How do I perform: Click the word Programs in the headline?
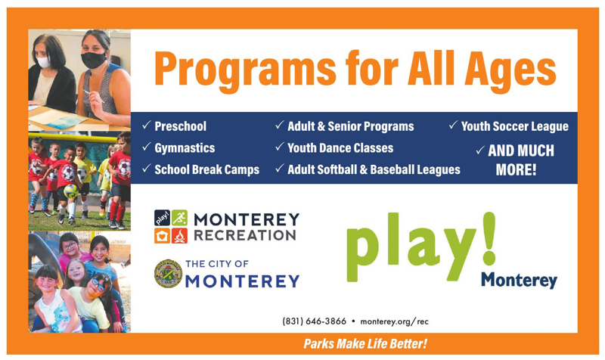click(245, 69)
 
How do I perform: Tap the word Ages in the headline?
click(510, 70)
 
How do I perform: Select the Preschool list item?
click(180, 126)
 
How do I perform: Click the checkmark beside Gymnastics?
click(146, 147)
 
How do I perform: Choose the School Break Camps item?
click(206, 169)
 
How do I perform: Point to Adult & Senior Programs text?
click(350, 126)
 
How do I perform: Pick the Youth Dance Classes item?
click(340, 147)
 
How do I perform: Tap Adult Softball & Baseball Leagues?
click(374, 169)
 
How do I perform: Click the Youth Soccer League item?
click(515, 126)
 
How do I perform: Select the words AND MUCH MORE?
click(519, 160)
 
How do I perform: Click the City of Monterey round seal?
click(168, 274)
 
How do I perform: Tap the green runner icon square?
click(179, 218)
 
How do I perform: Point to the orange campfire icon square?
click(179, 236)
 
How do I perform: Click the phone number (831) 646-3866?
click(314, 321)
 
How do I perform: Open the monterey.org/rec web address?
click(394, 321)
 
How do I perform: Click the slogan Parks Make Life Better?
click(365, 343)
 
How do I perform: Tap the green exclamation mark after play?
click(489, 238)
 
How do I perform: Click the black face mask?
click(93, 61)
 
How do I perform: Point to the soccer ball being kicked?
click(71, 191)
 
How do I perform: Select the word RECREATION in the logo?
click(244, 235)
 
